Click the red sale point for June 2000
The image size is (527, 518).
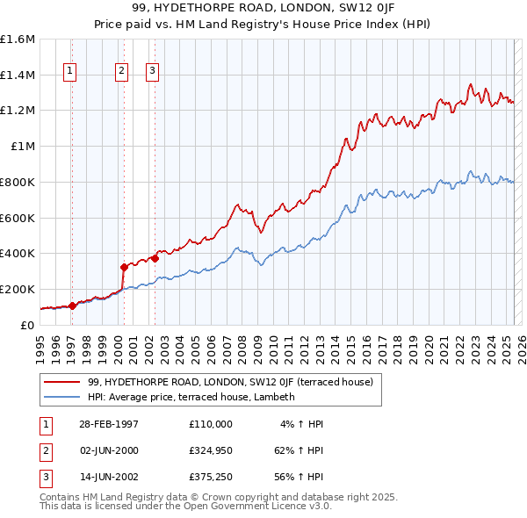coord(124,266)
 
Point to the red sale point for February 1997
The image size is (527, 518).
coord(72,305)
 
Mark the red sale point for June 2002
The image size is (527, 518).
coord(155,257)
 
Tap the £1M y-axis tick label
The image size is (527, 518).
coord(23,146)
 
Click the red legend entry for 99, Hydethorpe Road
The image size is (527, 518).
coord(230,382)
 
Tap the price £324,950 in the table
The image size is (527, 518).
coord(210,450)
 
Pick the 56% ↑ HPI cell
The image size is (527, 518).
coord(297,477)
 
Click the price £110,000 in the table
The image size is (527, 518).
coord(210,424)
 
